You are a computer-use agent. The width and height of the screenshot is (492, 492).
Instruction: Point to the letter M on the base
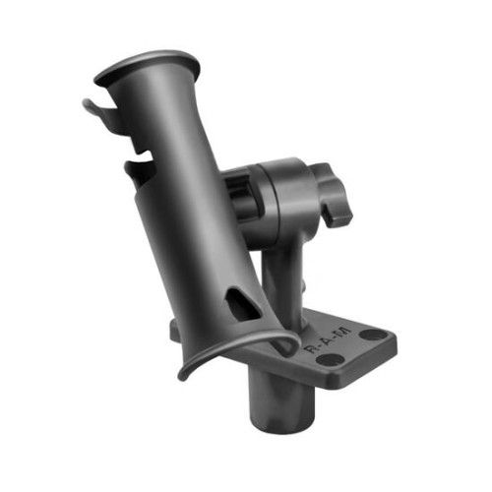343,328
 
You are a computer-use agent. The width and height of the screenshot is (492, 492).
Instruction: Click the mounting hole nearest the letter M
369,335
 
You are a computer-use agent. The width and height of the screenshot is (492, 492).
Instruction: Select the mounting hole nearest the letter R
325,360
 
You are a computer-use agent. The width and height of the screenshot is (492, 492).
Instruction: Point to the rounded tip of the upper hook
86,102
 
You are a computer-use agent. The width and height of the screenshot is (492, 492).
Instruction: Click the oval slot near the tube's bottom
239,302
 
